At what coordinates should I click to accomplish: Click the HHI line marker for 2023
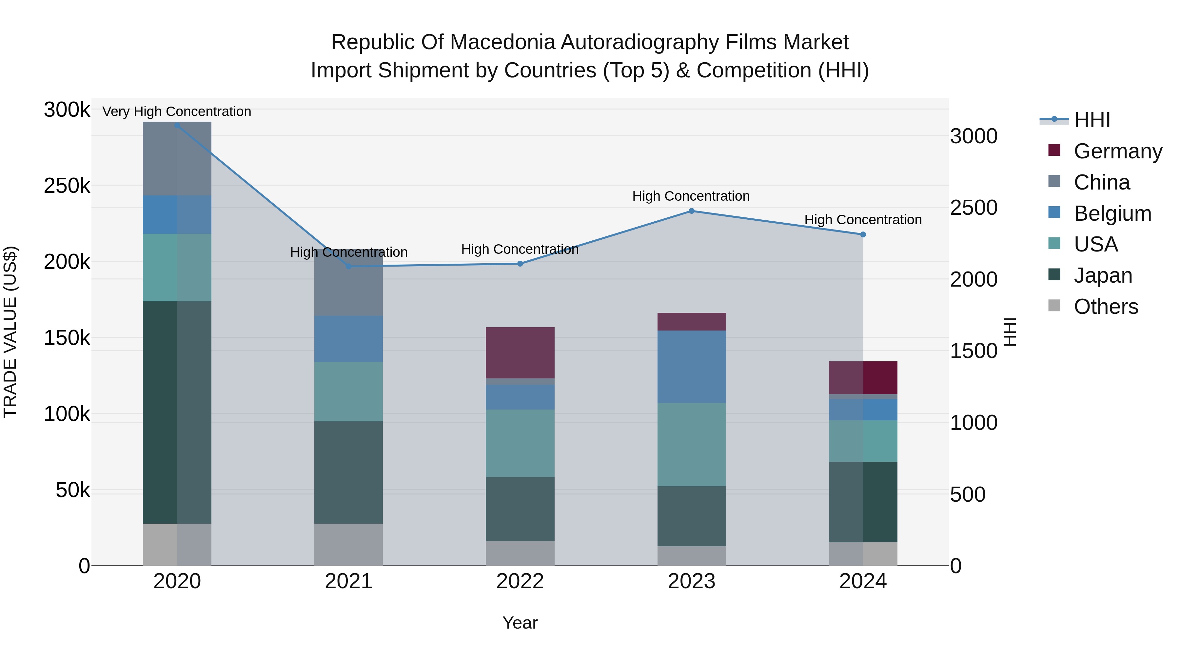(692, 211)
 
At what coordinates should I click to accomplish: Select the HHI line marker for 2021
(349, 266)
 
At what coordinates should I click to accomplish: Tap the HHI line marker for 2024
(863, 235)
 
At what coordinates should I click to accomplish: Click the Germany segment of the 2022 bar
(520, 352)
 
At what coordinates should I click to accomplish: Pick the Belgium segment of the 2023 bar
(692, 367)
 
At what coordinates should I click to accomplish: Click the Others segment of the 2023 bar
(692, 555)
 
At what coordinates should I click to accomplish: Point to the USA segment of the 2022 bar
(520, 443)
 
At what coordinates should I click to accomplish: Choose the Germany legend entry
(1118, 151)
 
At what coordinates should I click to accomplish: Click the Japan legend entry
(1103, 275)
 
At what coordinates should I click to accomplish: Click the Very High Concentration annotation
(177, 111)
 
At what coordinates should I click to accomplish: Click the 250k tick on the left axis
(67, 186)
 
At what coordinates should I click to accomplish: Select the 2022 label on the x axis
(520, 581)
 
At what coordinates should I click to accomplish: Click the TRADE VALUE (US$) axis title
(10, 332)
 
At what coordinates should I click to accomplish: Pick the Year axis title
(520, 623)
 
